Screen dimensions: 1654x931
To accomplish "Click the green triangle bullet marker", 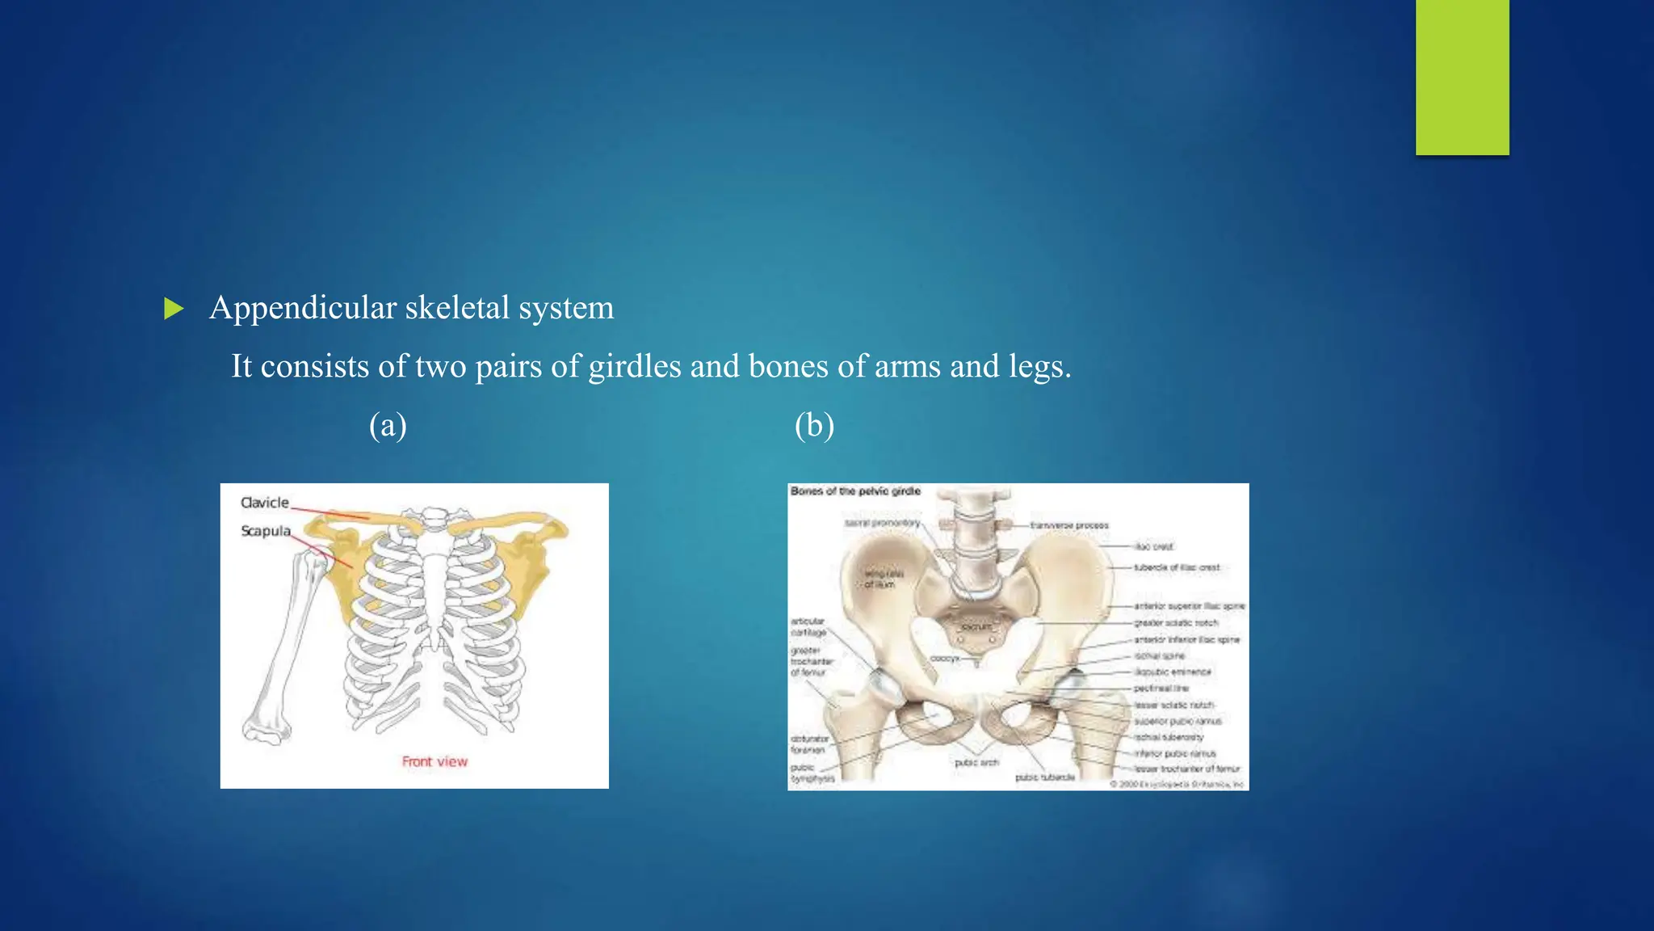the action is (x=173, y=309).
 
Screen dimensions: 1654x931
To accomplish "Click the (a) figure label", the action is (x=388, y=425).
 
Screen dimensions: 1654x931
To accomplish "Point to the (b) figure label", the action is (x=814, y=425).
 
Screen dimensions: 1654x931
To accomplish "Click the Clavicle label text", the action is (x=264, y=503).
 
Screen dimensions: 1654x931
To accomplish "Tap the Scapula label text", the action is (x=265, y=531).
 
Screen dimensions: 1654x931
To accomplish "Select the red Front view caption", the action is (x=434, y=761).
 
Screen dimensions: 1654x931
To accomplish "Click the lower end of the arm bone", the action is (x=266, y=727).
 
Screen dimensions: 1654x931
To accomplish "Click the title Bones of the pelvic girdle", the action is (x=855, y=491).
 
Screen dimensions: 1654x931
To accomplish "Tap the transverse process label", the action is (x=1069, y=525).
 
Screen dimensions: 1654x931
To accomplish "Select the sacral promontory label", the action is (x=882, y=523).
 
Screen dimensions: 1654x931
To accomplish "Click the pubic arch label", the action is (x=976, y=762).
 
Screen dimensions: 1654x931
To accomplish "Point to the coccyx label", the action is (x=944, y=659).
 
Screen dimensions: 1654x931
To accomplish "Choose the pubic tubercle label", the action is (x=1045, y=777).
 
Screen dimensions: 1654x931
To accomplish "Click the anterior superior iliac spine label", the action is (x=1189, y=606).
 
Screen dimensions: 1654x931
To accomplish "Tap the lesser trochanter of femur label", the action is (x=1186, y=769).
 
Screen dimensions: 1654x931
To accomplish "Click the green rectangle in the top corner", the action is (x=1462, y=77).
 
